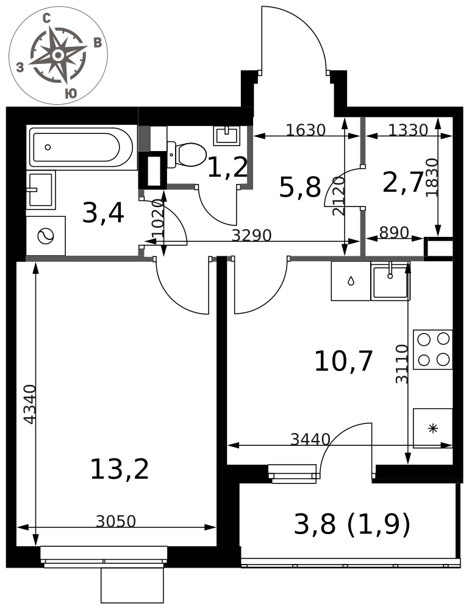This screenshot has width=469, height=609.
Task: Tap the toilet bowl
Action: [x=187, y=155]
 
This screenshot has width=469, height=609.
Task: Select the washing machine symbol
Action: [x=46, y=236]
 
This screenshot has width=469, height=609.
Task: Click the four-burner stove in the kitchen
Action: [x=433, y=349]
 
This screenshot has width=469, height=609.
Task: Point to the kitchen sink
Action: [x=390, y=280]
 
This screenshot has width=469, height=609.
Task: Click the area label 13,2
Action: [x=120, y=469]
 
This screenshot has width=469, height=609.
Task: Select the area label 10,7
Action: [x=344, y=361]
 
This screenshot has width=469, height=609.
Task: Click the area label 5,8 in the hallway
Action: [x=300, y=187]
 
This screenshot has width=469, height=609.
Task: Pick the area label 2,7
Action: [x=403, y=182]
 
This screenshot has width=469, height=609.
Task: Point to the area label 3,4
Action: [x=103, y=213]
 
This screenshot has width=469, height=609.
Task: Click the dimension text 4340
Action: [x=29, y=404]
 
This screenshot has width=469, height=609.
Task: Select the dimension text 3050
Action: [x=116, y=521]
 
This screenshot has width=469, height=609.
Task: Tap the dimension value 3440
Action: [x=310, y=439]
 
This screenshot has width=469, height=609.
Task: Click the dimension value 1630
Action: [x=306, y=130]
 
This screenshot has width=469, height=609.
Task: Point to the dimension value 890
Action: [x=394, y=232]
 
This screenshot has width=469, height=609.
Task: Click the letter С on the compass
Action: [x=47, y=18]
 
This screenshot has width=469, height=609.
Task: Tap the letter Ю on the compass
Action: [x=70, y=93]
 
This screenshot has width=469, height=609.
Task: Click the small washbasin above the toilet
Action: [x=226, y=136]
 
